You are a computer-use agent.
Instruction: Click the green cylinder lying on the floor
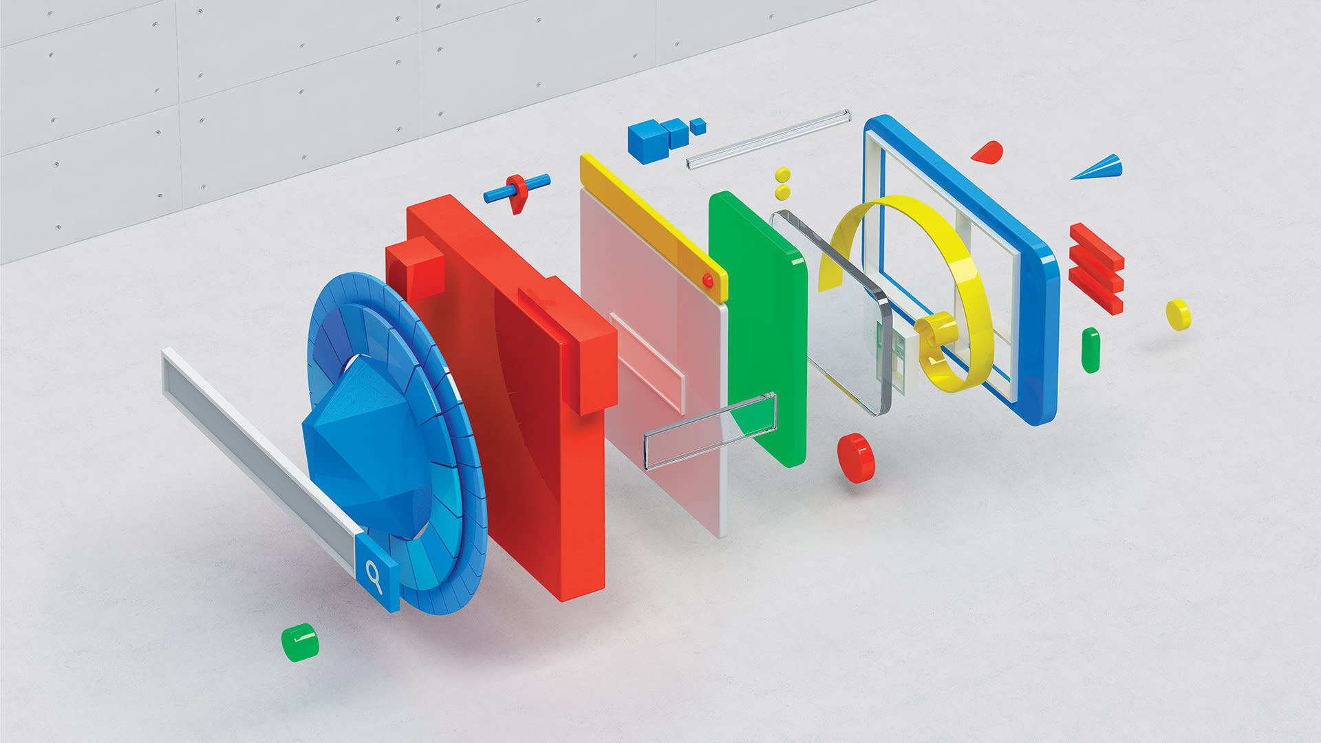click(300, 643)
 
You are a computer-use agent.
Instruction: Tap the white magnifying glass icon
click(374, 577)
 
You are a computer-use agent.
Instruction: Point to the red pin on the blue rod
click(518, 192)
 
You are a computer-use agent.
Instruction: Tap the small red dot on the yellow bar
click(707, 280)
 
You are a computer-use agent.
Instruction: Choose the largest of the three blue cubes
click(644, 140)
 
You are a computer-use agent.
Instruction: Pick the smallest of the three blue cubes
click(698, 126)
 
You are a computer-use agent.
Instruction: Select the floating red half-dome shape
click(989, 152)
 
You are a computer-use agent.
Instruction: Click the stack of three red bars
click(1096, 269)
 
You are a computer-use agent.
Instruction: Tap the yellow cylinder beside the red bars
click(1178, 314)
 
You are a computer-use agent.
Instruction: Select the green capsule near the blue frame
click(1091, 350)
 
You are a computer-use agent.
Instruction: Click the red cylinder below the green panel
click(855, 457)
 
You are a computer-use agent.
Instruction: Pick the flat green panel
click(757, 323)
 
